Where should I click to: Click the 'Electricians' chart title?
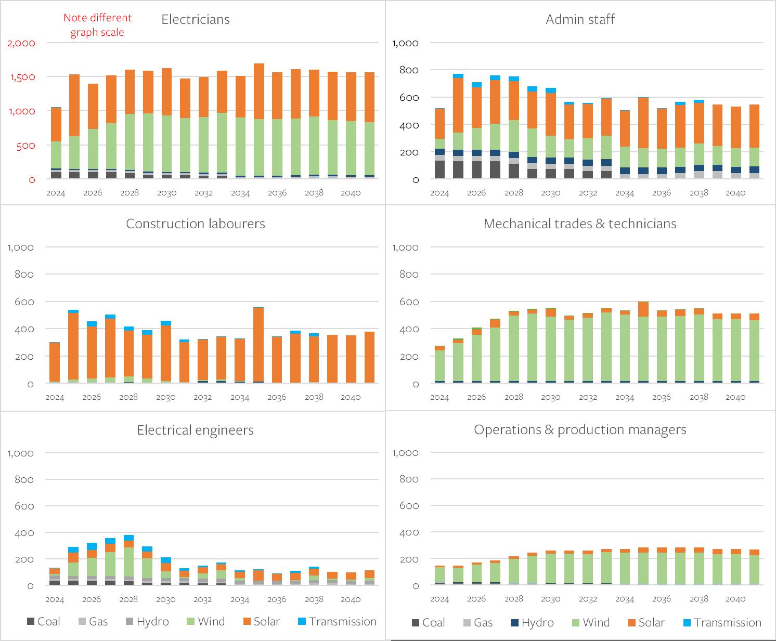tap(195, 20)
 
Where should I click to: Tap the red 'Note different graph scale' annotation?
tap(97, 25)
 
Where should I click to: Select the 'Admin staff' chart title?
tap(580, 20)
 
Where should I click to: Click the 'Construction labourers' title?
tap(195, 224)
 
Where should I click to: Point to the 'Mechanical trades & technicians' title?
tap(580, 224)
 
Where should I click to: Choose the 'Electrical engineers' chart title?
tap(195, 430)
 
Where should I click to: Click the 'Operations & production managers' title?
tap(580, 430)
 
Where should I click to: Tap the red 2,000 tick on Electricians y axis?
tap(21, 43)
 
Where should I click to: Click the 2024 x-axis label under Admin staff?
tap(439, 193)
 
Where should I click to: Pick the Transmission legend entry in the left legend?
tap(337, 622)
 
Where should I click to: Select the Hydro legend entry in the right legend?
tap(532, 623)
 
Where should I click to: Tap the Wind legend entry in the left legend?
tap(205, 622)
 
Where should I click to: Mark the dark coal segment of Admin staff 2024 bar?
tap(439, 169)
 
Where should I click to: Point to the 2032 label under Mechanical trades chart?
tap(588, 398)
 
